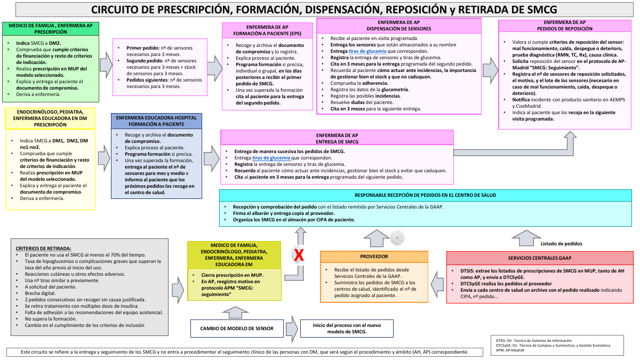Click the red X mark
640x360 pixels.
click(299, 255)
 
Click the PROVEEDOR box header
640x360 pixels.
click(374, 257)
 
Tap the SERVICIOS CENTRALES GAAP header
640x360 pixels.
click(540, 258)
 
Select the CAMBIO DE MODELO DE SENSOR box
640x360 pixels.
click(237, 329)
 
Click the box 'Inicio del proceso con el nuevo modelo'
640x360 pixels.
click(347, 329)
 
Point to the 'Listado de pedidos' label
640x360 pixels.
click(561, 244)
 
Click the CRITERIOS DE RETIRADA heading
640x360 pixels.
click(43, 249)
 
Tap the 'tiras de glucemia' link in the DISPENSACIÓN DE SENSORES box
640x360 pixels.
click(367, 51)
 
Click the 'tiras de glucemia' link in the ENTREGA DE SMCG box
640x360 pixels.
click(271, 158)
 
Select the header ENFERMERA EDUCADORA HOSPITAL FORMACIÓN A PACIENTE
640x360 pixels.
click(157, 121)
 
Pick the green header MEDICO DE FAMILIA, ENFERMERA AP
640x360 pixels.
click(51, 29)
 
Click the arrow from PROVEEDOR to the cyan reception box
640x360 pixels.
click(377, 238)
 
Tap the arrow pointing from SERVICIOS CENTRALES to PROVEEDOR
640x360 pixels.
click(437, 284)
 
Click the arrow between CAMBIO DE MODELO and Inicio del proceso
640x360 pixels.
click(292, 329)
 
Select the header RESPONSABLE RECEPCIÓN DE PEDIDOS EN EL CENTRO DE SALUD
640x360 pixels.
click(426, 195)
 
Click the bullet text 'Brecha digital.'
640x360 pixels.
click(41, 293)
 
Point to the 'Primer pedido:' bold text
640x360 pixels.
click(143, 48)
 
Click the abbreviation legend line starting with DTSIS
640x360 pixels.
click(534, 341)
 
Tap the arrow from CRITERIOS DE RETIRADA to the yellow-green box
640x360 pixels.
click(178, 290)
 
